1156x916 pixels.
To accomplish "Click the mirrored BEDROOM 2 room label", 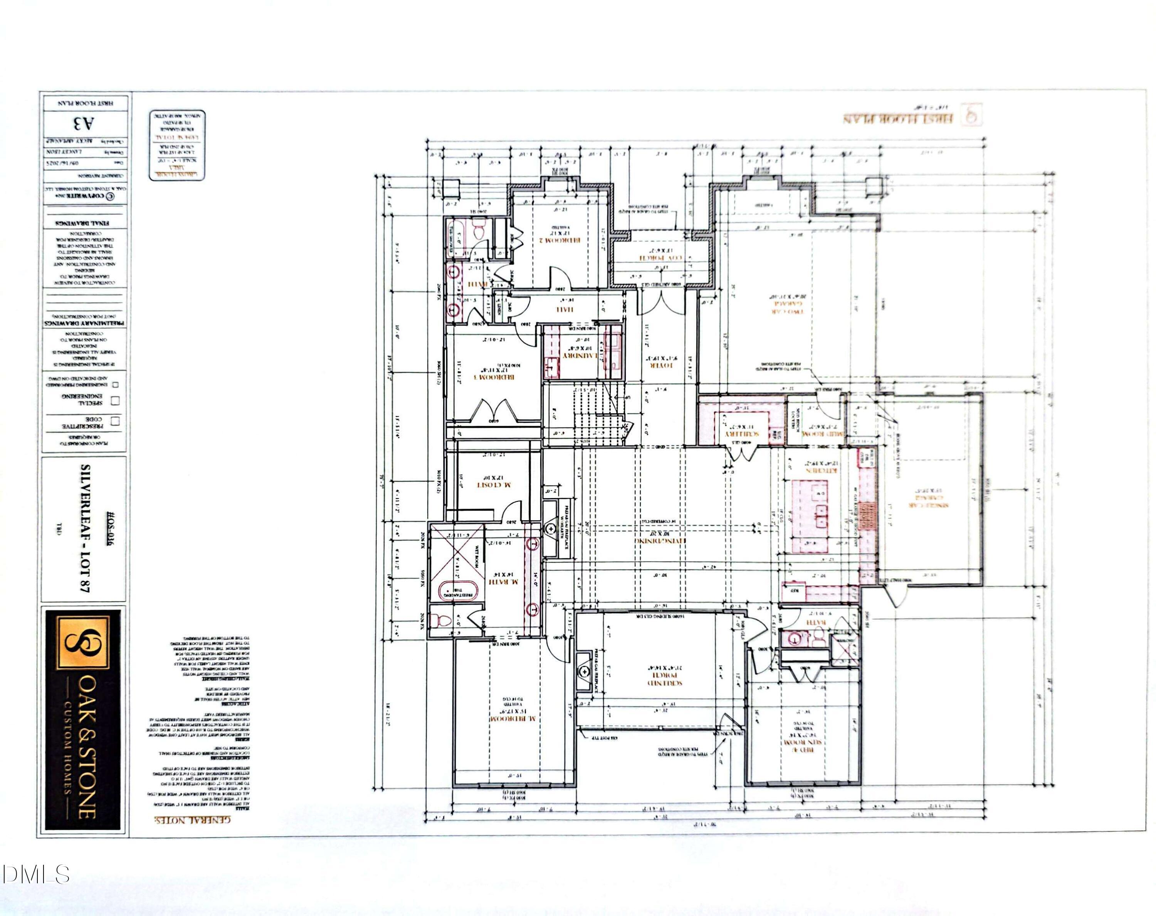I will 560,241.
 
